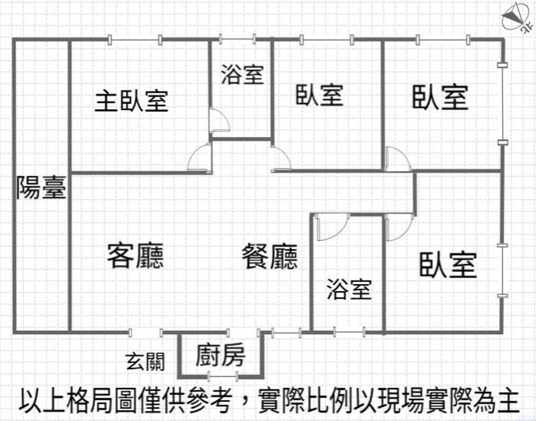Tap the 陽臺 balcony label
pyautogui.click(x=41, y=187)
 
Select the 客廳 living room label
pyautogui.click(x=135, y=255)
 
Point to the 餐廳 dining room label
pyautogui.click(x=270, y=256)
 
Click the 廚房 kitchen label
pyautogui.click(x=220, y=355)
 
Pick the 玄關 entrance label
pyautogui.click(x=145, y=362)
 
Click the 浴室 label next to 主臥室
pyautogui.click(x=242, y=74)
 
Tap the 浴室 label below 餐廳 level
pyautogui.click(x=349, y=289)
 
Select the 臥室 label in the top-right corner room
pyautogui.click(x=440, y=98)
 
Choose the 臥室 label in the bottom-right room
pyautogui.click(x=448, y=265)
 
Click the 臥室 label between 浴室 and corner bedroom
pyautogui.click(x=319, y=95)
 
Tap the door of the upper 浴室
pyautogui.click(x=219, y=120)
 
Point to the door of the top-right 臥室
pyautogui.click(x=398, y=158)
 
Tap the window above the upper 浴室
pyautogui.click(x=237, y=39)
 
